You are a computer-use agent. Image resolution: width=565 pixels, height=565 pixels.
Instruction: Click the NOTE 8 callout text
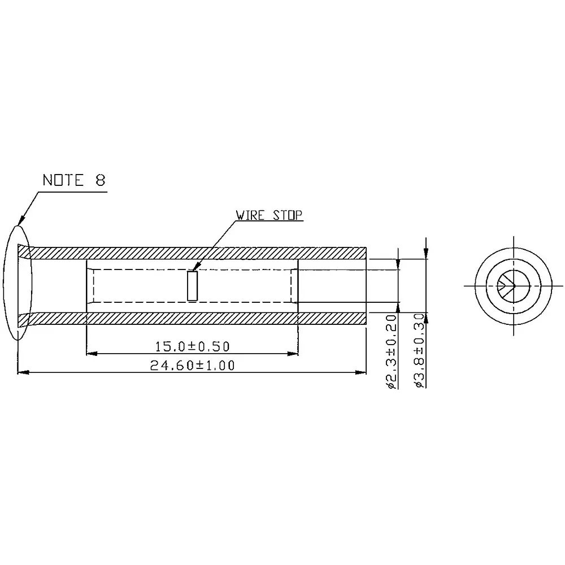pos(74,180)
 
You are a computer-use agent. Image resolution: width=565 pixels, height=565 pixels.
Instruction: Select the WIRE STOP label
pos(270,215)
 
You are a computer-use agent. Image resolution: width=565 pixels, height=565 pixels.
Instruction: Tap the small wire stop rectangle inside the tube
pos(193,286)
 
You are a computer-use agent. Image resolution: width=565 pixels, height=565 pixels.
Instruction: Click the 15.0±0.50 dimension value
pos(192,345)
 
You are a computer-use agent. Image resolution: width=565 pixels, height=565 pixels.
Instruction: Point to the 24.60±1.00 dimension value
pos(192,365)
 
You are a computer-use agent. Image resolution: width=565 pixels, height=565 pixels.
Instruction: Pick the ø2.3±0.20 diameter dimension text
pos(390,350)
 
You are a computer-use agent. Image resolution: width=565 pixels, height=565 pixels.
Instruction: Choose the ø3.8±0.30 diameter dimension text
pos(419,350)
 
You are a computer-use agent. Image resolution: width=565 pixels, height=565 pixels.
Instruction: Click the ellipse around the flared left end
pos(6,282)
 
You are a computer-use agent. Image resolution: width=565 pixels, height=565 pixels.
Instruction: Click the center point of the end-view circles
pos(514,285)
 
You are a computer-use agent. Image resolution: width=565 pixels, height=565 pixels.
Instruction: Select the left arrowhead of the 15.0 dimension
pos(90,354)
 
